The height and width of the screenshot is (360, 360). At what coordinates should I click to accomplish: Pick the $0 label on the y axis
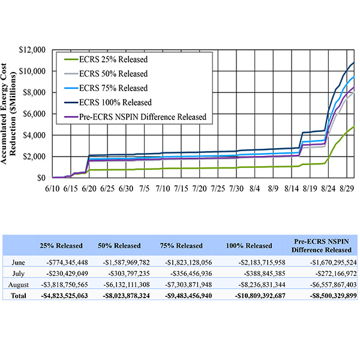(x=43, y=178)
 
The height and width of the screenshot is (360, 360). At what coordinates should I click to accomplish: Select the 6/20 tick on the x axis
(x=89, y=188)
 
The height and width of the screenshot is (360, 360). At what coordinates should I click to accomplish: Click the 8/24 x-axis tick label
(x=328, y=188)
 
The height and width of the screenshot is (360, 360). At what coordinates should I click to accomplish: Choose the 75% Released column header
(x=185, y=245)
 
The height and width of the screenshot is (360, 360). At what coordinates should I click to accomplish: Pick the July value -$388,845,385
(x=250, y=272)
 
